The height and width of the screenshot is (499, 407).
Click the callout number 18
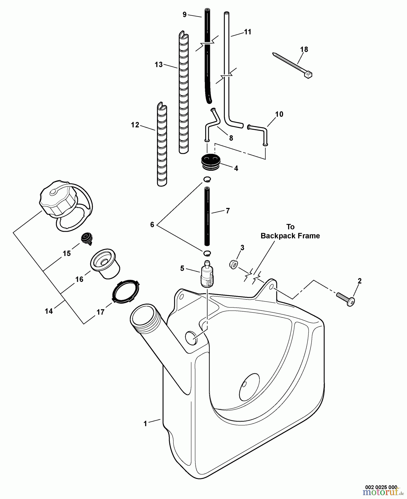pyautogui.click(x=304, y=50)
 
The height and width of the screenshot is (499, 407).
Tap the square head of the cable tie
pyautogui.click(x=308, y=75)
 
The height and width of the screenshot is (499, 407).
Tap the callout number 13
pyautogui.click(x=159, y=65)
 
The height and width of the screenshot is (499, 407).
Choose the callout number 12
pyautogui.click(x=135, y=125)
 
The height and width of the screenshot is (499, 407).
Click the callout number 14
pyautogui.click(x=49, y=311)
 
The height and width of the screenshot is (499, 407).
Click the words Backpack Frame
pyautogui.click(x=290, y=236)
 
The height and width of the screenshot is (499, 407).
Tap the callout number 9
pyautogui.click(x=185, y=15)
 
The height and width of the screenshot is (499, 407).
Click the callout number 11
pyautogui.click(x=247, y=32)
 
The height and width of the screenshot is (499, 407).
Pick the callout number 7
pyautogui.click(x=228, y=211)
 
